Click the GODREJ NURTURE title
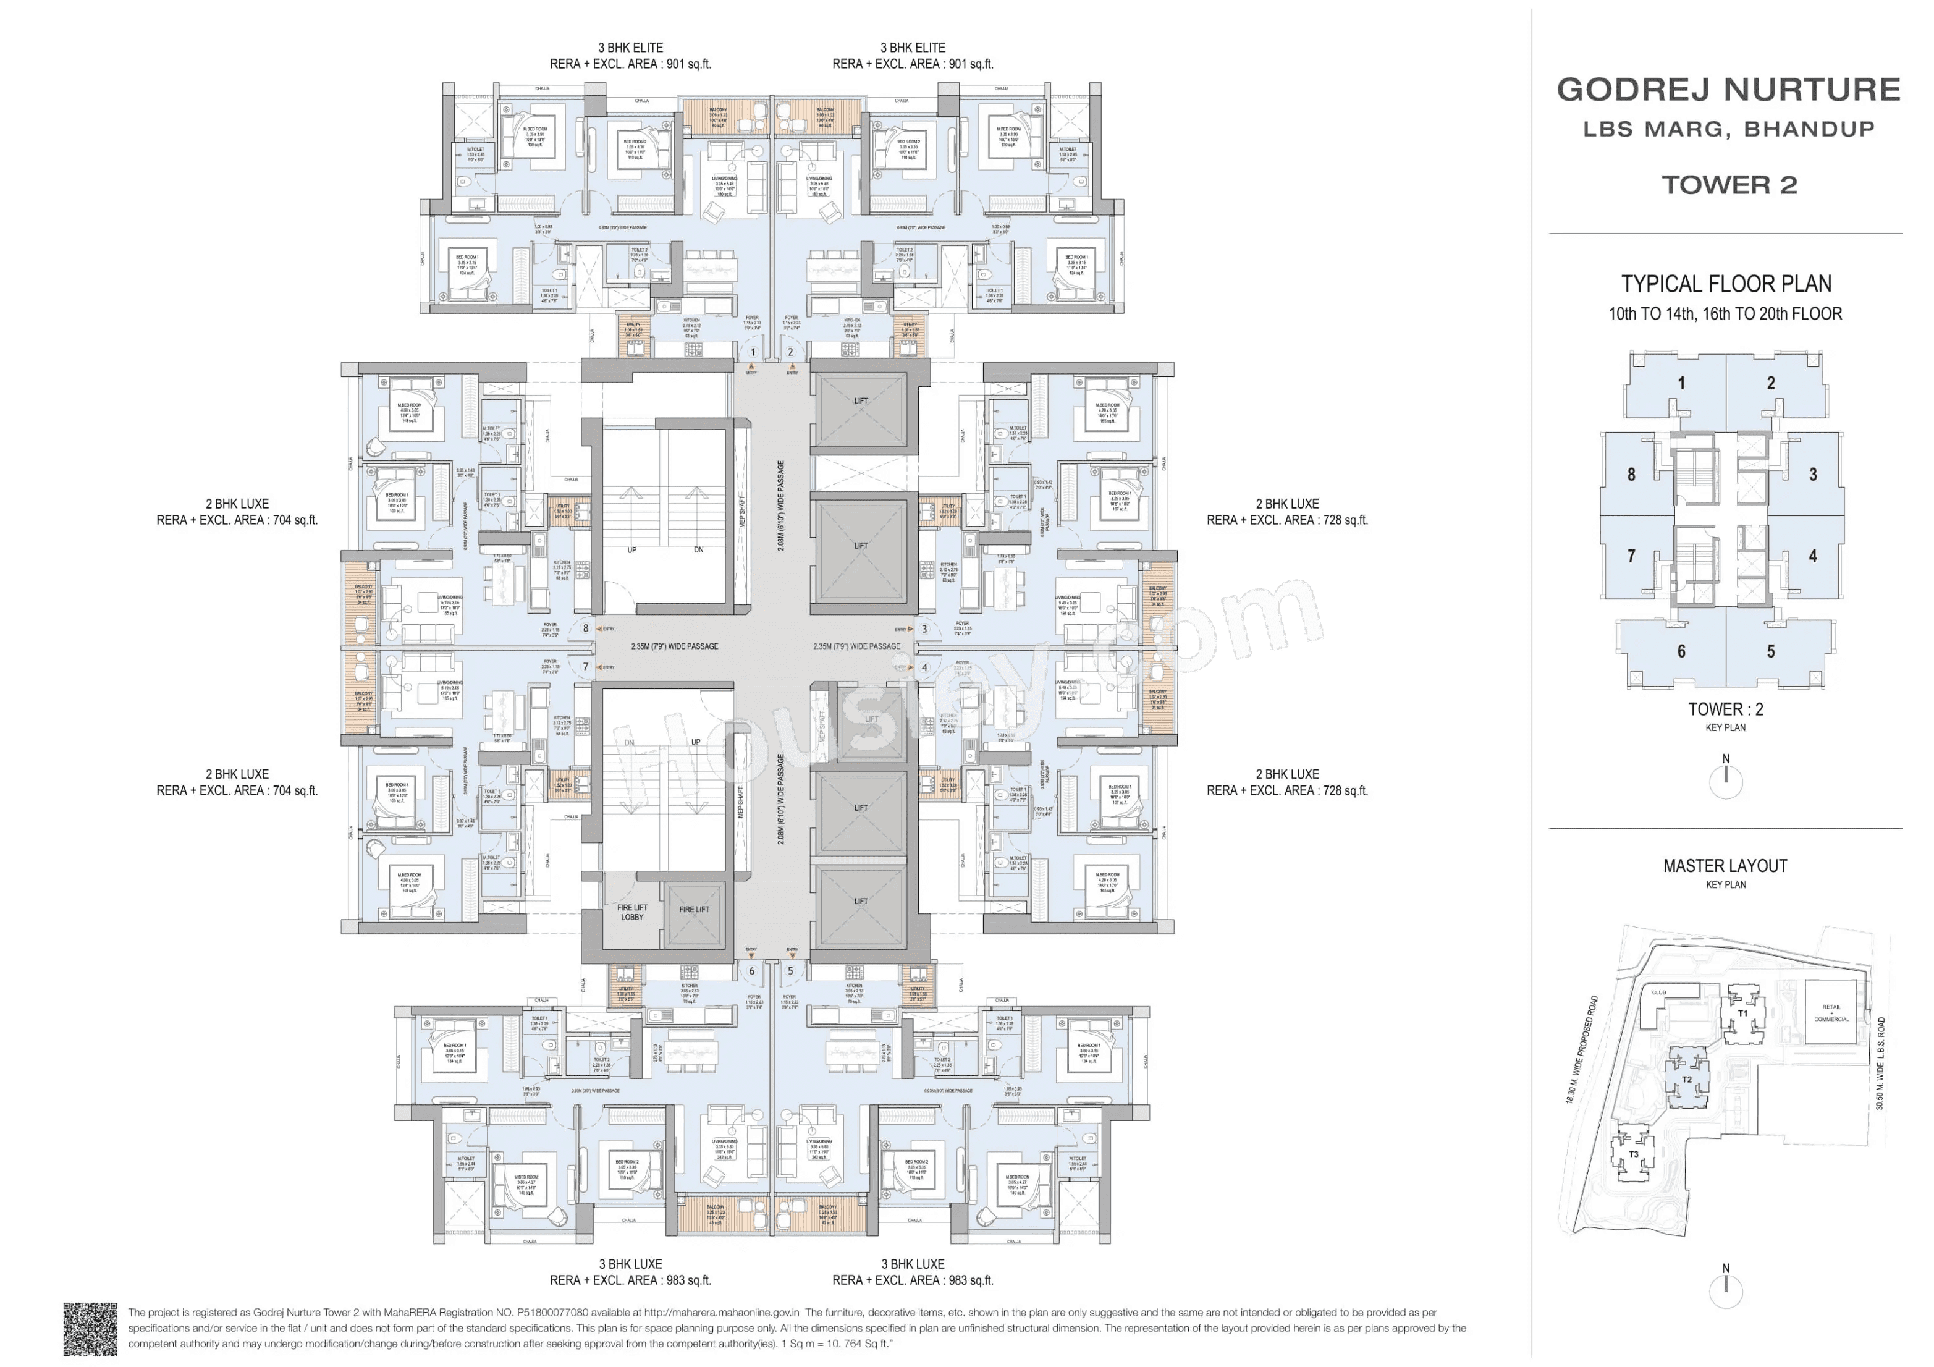point(1728,89)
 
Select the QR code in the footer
point(90,1328)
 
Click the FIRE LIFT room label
point(694,910)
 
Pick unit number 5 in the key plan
point(1771,651)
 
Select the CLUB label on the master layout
point(1658,992)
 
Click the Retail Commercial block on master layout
point(1831,1012)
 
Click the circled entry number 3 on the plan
point(924,628)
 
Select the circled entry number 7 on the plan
point(585,667)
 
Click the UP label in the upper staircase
point(631,550)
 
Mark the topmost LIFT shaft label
point(860,401)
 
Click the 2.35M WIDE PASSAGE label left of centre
point(674,646)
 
